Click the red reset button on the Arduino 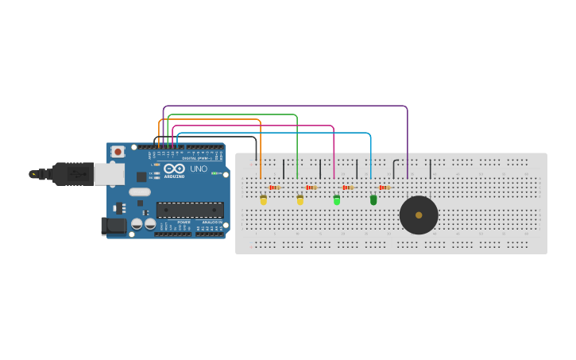pyautogui.click(x=118, y=151)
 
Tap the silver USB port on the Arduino pyautogui.click(x=109, y=174)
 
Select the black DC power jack pyautogui.click(x=115, y=226)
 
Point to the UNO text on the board pyautogui.click(x=198, y=169)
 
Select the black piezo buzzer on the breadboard pyautogui.click(x=419, y=215)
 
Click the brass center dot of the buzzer pyautogui.click(x=419, y=215)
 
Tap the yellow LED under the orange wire pyautogui.click(x=264, y=200)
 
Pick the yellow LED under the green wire pyautogui.click(x=300, y=200)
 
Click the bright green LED pyautogui.click(x=337, y=200)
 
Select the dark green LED pyautogui.click(x=373, y=200)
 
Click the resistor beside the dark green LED pyautogui.click(x=385, y=188)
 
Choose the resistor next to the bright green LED pyautogui.click(x=348, y=188)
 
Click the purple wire pyautogui.click(x=286, y=106)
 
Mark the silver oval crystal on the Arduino pyautogui.click(x=140, y=192)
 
